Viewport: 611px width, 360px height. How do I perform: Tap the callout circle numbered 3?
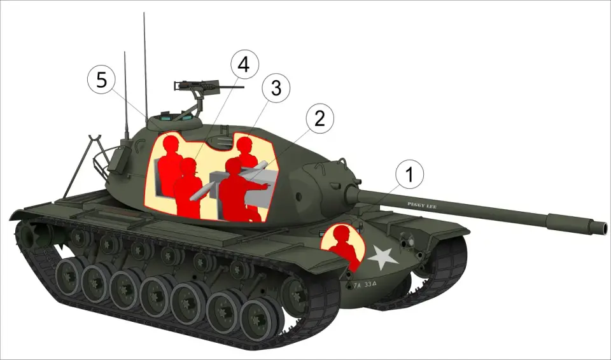coord(276,89)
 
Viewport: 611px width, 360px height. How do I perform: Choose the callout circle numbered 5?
coord(102,80)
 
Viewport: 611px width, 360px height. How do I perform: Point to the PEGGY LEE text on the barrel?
coord(421,204)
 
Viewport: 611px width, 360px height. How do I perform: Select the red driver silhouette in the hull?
coord(344,245)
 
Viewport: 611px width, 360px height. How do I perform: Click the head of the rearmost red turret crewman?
coord(170,146)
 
